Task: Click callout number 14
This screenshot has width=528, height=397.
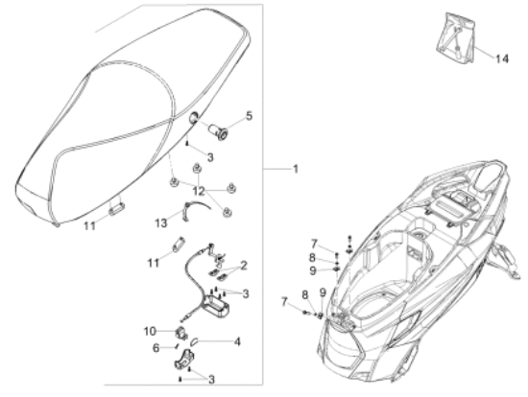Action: pos(501,58)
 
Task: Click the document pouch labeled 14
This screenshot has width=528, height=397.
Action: pos(455,37)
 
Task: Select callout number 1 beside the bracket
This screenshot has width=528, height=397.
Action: pos(296,169)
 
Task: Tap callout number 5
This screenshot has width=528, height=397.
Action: pos(249,116)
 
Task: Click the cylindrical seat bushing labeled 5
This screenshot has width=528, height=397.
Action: pos(218,132)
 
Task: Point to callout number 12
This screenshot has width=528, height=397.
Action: pos(199,191)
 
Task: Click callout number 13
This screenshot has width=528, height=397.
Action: pos(161,222)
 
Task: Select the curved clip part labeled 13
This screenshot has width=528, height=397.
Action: pos(193,210)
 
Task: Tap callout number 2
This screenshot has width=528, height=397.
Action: pos(244,265)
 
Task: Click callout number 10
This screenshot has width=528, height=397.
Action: pos(150,331)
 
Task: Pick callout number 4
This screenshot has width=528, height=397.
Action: pos(237,341)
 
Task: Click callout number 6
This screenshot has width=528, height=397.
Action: pos(156,347)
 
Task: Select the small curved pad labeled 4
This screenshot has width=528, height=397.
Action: pos(195,341)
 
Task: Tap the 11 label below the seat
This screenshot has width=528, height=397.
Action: pos(89,225)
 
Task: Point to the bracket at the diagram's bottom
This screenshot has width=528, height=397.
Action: pos(185,360)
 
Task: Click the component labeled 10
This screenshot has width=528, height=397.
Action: pos(181,333)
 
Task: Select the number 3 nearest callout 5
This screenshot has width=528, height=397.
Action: pos(210,157)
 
